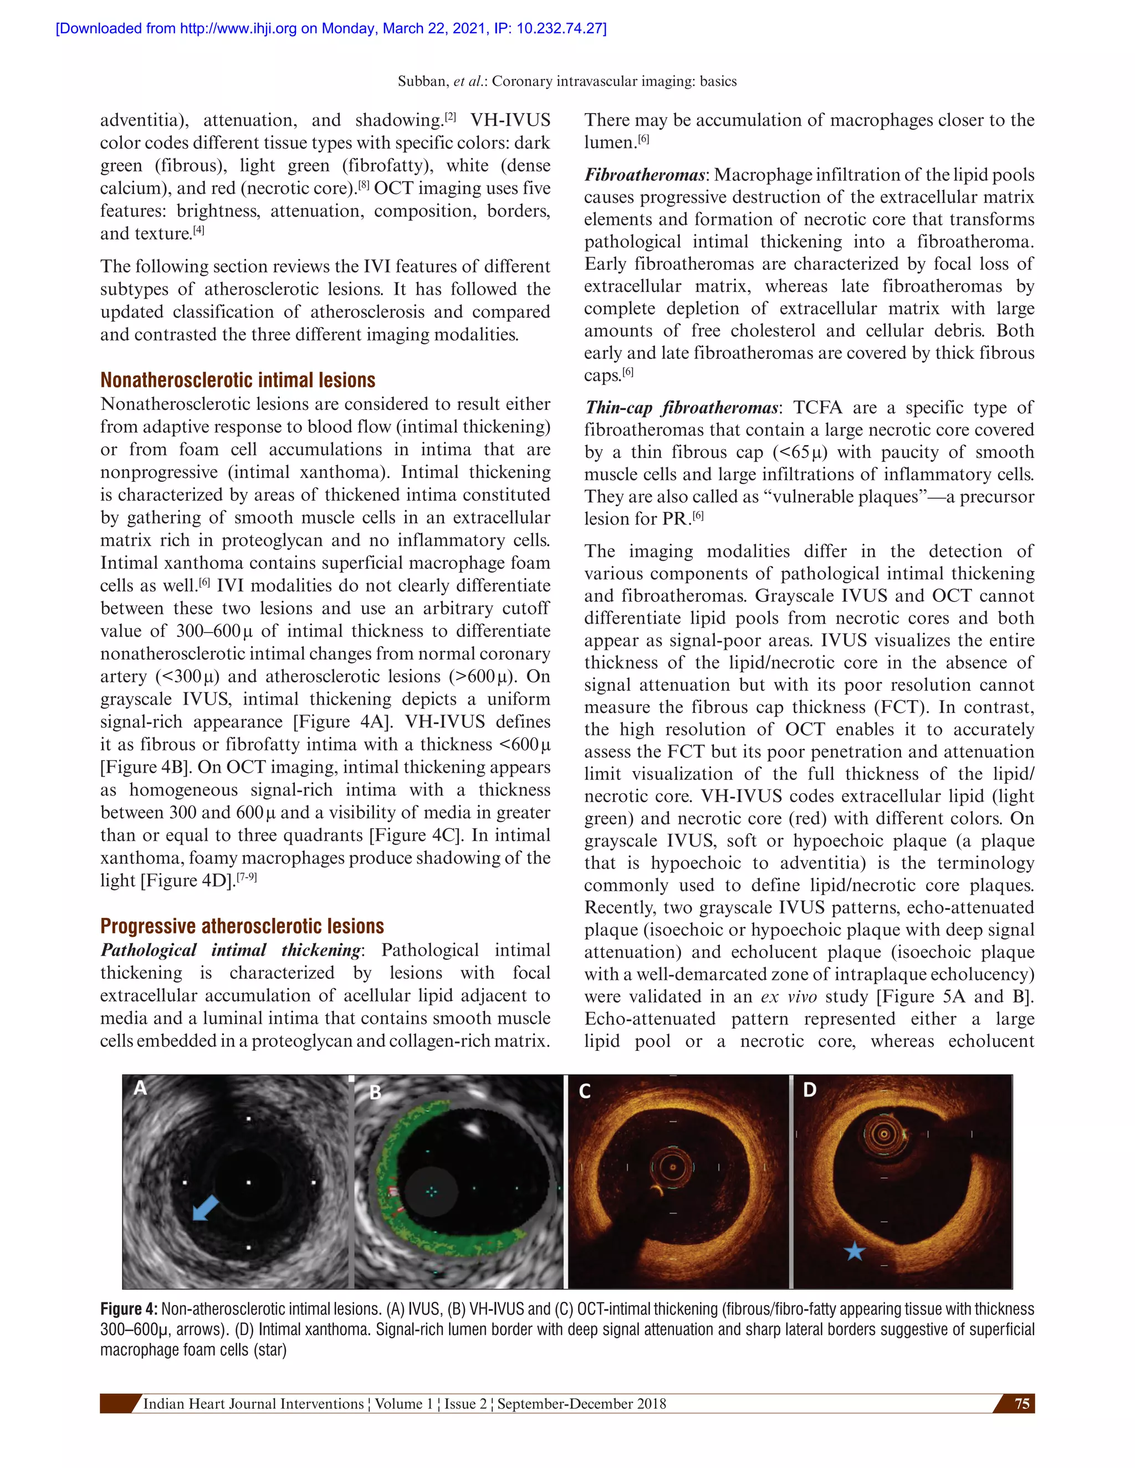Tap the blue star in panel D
pos(854,1251)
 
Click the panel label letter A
pos(140,1087)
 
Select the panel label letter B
pos(375,1092)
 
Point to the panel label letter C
pos(584,1091)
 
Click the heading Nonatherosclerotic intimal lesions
pos(237,380)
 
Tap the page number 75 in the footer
pos(1021,1404)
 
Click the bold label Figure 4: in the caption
pos(129,1308)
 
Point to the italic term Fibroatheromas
pos(644,174)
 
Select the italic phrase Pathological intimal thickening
pos(231,949)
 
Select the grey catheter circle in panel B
pos(431,1191)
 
